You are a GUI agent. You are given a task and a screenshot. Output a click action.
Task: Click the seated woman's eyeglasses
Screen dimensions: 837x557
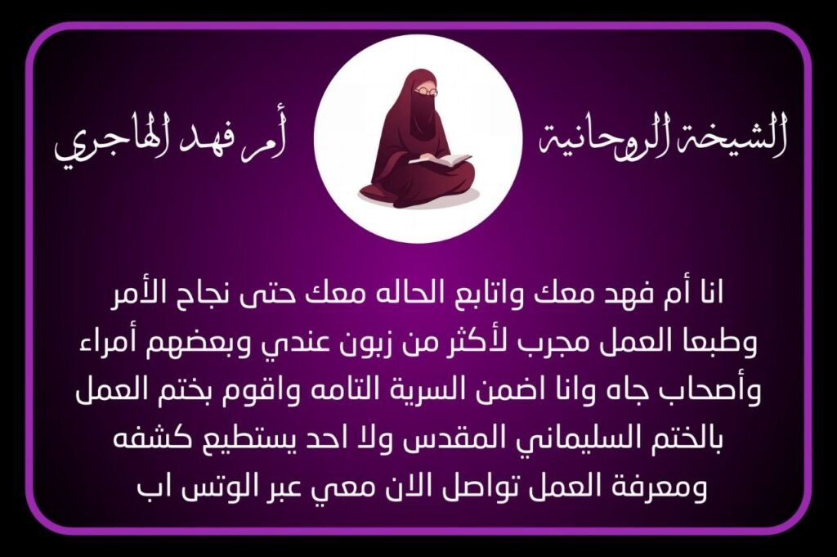coord(427,92)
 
